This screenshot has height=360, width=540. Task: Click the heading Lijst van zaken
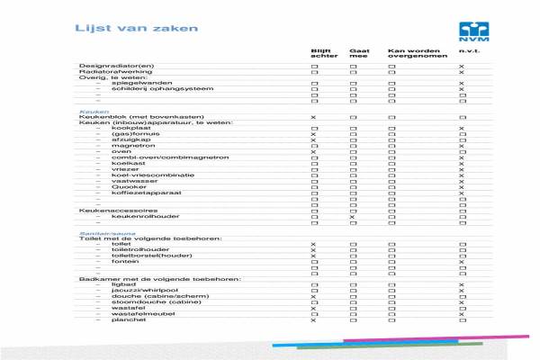pyautogui.click(x=117, y=30)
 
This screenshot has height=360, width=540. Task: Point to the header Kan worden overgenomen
pyautogui.click(x=409, y=53)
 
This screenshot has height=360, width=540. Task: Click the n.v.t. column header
pyautogui.click(x=465, y=50)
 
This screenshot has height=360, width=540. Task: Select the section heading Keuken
pyautogui.click(x=88, y=112)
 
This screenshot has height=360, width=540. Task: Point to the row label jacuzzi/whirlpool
pyautogui.click(x=140, y=290)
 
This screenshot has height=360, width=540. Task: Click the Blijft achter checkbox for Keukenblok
pyautogui.click(x=313, y=118)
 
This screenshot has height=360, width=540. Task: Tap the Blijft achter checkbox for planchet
pyautogui.click(x=313, y=320)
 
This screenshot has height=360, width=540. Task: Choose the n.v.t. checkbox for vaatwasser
pyautogui.click(x=461, y=180)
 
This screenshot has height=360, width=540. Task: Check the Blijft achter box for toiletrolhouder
pyautogui.click(x=313, y=249)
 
